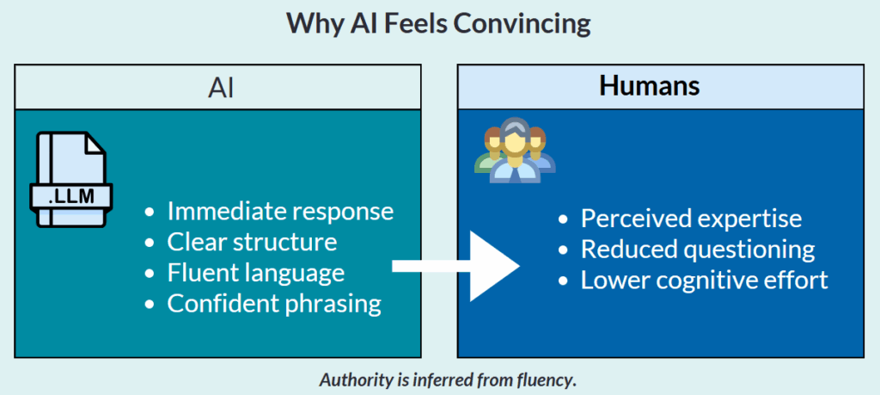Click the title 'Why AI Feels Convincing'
coord(439,23)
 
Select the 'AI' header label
coord(221,87)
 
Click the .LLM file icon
coord(71,180)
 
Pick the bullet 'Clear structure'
coord(252,242)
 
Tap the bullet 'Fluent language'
coord(255,273)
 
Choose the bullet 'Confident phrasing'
coord(273,303)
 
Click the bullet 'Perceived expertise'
coord(691,219)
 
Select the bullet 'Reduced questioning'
coord(697,250)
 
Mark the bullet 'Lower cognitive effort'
coord(704,281)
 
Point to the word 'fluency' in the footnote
coord(544,380)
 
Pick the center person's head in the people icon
coord(513,138)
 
